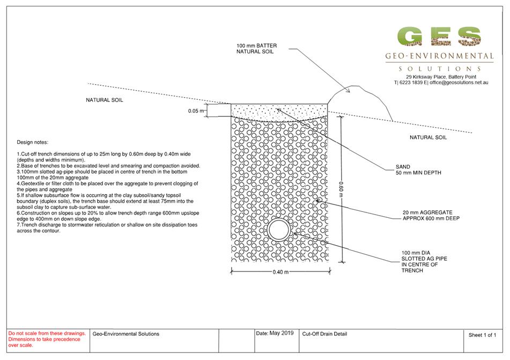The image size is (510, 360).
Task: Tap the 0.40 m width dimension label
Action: pos(280,272)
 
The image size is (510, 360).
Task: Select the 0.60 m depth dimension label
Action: pos(341,189)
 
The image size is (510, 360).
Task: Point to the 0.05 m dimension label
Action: pos(196,111)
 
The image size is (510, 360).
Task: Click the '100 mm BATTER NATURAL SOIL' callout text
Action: pos(257,48)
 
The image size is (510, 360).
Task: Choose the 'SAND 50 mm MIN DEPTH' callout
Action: pos(418,170)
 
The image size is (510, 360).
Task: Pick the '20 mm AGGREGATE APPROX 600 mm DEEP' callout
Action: pos(431,216)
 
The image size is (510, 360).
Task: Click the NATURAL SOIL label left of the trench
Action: pos(105,100)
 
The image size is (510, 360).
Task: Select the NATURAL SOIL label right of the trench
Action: pos(428,137)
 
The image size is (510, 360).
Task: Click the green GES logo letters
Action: pos(439,36)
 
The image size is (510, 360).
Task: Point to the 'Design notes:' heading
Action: pos(33,142)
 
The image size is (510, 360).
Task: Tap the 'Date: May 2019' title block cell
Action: pos(275,333)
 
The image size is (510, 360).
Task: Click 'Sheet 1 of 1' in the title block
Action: pos(482,335)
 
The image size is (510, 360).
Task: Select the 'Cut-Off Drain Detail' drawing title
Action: pos(324,334)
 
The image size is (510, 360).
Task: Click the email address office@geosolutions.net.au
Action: pos(459,83)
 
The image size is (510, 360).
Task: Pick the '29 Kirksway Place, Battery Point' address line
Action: pos(441,77)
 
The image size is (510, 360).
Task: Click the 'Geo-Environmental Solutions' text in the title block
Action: pos(126,334)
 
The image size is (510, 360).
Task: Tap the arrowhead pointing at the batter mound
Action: pos(348,91)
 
